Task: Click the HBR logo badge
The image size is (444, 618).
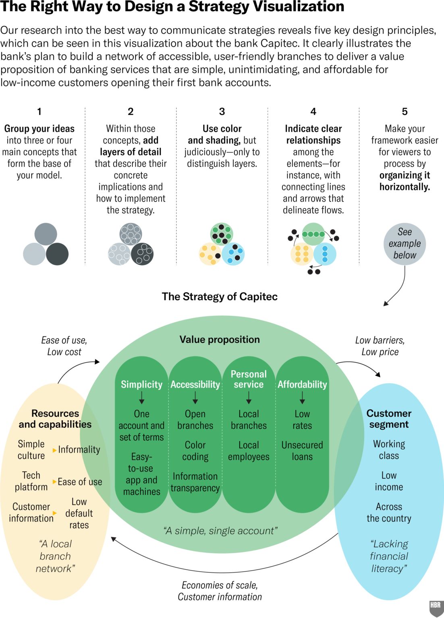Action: [x=436, y=608]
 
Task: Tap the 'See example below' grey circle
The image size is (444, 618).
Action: [x=405, y=244]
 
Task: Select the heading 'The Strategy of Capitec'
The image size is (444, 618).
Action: [x=220, y=297]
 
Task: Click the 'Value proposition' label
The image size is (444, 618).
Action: [x=220, y=340]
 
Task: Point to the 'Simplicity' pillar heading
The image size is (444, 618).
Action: [x=141, y=385]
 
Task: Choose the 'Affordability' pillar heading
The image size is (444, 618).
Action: [x=302, y=385]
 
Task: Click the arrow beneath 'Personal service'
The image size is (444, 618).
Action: [x=249, y=398]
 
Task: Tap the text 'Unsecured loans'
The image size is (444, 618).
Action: [x=302, y=451]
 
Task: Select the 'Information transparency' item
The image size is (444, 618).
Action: [x=195, y=482]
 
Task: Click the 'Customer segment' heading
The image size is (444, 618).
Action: [x=389, y=419]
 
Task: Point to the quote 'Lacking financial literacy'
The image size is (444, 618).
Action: [x=389, y=556]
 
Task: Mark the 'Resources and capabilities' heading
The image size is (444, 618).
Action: [x=55, y=419]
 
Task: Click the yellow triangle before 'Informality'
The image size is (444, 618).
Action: [x=54, y=450]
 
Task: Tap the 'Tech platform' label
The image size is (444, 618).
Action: [x=31, y=481]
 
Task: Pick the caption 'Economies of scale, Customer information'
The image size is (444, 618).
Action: [x=220, y=591]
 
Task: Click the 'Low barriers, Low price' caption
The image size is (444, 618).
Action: [x=380, y=346]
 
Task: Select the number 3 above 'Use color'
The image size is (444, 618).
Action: [x=222, y=111]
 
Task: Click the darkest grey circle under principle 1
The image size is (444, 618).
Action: [x=57, y=254]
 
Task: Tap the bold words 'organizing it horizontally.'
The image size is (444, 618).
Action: [x=405, y=181]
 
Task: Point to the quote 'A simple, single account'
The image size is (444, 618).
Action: [x=220, y=531]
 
